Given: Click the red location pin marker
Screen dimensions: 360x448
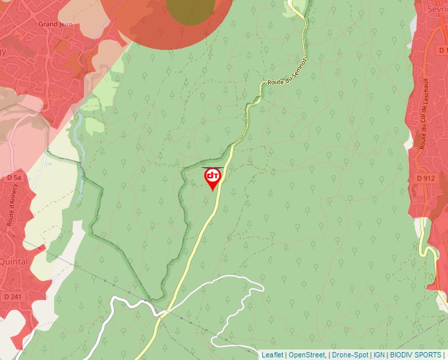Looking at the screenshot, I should pos(213,178).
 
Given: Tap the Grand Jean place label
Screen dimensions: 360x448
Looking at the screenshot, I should pos(55,24).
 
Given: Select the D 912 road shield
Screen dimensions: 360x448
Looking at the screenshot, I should pos(426,178).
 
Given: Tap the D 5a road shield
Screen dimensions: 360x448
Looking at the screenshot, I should pos(14,178).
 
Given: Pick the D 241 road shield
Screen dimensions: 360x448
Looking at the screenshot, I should pos(13,297).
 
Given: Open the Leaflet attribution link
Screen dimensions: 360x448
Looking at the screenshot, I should pos(272,355).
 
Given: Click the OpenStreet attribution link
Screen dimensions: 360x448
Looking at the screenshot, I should pos(306,355).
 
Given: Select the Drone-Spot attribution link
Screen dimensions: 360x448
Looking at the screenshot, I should pos(350,355).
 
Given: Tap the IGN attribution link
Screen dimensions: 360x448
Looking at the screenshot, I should pos(379,355).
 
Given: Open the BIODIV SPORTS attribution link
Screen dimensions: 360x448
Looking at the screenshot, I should pos(415,355).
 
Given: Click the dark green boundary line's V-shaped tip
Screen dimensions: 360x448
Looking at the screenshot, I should pos(159,299).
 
